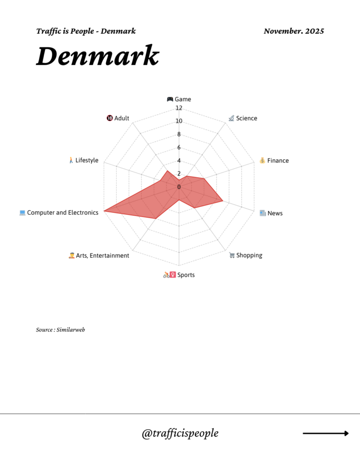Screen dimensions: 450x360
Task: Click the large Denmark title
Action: point(97,56)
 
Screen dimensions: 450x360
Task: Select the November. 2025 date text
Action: point(293,31)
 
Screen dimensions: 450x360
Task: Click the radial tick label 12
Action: point(179,108)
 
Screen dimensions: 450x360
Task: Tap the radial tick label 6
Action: point(179,148)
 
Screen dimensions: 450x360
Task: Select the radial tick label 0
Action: point(179,187)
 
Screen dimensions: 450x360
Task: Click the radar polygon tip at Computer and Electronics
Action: point(104,211)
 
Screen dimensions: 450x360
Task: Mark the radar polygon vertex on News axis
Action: point(223,201)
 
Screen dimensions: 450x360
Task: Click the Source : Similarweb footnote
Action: point(60,330)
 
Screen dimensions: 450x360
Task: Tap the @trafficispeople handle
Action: point(180,433)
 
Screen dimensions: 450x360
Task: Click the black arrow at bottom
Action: point(326,434)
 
